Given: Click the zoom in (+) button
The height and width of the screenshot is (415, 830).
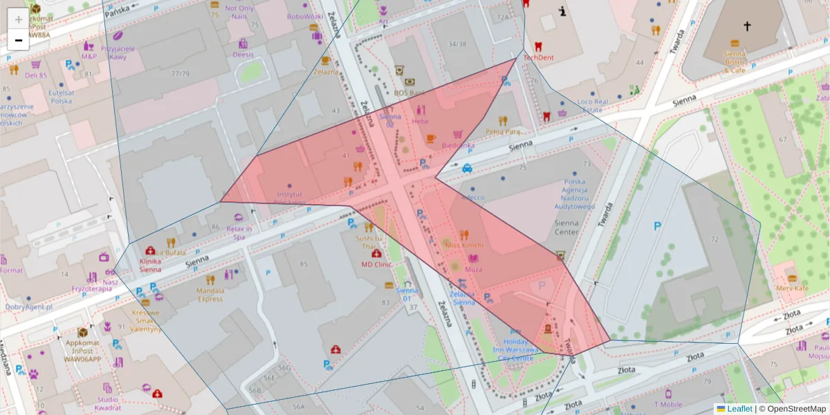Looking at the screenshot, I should pos(18,20).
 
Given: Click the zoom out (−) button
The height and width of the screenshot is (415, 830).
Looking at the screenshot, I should pos(18,40).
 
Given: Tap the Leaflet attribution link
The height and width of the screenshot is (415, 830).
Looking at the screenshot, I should pos(739,409).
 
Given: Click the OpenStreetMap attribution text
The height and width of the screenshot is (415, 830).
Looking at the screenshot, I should pos(795,409).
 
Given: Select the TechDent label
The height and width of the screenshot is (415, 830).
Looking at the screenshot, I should pos(538,58).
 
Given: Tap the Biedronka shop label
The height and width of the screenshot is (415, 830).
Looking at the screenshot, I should pos(458,145).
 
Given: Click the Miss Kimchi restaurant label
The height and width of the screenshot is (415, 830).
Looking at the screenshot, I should pos(464,246).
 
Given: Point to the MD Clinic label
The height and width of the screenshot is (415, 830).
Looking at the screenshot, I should pos(376,264).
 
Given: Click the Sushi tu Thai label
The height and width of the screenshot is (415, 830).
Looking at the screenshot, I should pos(369,242).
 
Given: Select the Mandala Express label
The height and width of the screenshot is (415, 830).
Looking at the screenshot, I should pos(210,295).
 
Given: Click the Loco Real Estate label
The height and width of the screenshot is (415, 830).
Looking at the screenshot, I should pos(592,106).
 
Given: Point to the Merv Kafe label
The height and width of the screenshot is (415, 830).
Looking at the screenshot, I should pos(792,288).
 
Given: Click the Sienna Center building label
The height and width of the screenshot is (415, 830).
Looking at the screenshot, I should pos(566,228).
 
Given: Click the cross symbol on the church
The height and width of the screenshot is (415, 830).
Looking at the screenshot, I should pos(747,26).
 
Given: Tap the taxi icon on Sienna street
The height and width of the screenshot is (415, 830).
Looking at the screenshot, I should pos(468,167).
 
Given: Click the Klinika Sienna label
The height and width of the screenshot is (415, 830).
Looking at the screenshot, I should pos(150,266).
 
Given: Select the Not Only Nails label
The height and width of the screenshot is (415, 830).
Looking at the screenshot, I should pos(239,12).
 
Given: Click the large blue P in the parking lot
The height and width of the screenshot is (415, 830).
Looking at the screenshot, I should pos(657,225).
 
